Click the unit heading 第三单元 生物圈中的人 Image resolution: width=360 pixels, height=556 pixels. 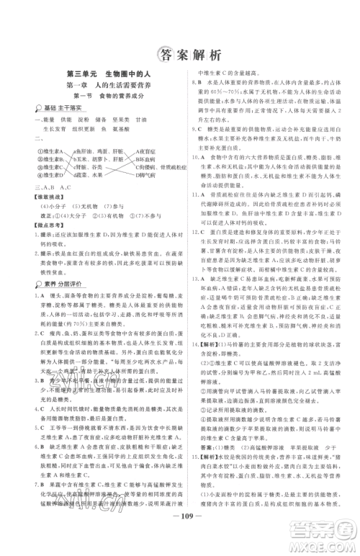coord(108,73)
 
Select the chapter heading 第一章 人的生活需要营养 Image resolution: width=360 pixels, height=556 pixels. coord(108,84)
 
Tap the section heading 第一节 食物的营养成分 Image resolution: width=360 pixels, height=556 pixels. coord(108,95)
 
